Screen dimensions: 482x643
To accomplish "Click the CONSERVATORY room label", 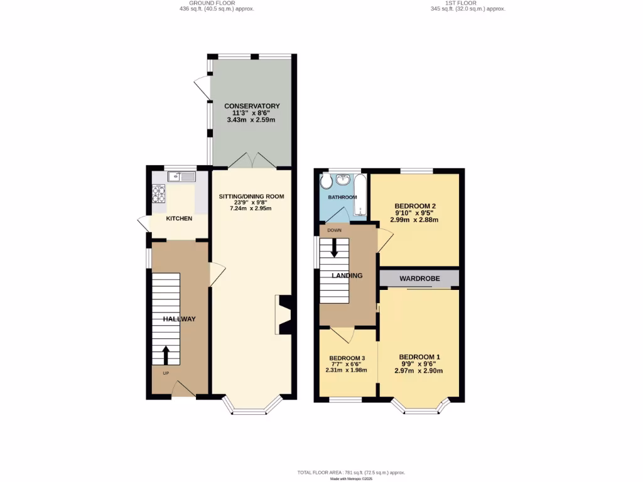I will click(252, 106).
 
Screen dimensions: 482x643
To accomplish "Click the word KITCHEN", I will click(179, 218).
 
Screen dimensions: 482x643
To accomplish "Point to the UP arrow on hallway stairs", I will click(166, 355).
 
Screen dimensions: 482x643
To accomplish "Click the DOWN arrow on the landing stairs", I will click(334, 249).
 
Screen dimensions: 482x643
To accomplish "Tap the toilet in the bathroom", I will click(325, 183).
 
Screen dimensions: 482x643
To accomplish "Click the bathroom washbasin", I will click(343, 181).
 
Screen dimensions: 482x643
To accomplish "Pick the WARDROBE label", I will click(419, 278).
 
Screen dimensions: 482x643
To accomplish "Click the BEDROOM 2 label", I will click(415, 206).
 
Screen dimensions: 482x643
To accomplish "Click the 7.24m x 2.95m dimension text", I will click(251, 208).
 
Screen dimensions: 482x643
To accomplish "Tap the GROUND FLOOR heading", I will click(207, 3).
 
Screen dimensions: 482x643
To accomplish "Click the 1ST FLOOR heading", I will click(467, 3).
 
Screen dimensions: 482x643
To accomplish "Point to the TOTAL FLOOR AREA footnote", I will click(351, 472).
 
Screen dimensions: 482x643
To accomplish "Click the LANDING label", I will click(347, 276).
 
